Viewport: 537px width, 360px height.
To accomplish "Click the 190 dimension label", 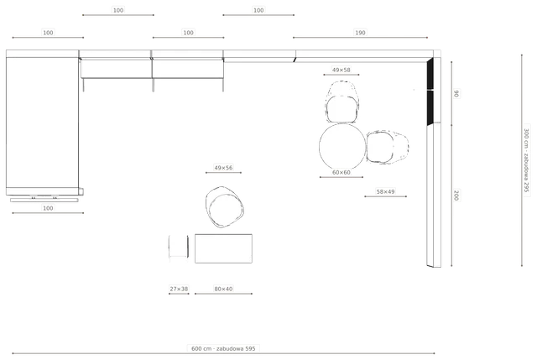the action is click(360, 33).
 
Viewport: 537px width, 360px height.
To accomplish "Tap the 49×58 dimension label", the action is click(341, 70).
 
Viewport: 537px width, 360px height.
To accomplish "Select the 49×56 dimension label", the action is click(223, 168).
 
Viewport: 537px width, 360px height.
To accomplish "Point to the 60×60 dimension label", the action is click(341, 172).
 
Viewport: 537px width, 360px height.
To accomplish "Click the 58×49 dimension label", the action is click(385, 192).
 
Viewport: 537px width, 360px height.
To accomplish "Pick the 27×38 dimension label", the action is click(179, 289).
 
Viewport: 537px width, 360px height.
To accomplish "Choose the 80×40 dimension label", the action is click(223, 289).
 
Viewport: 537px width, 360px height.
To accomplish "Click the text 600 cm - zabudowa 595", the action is click(223, 349).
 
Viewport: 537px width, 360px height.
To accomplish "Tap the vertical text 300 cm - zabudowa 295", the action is click(526, 160).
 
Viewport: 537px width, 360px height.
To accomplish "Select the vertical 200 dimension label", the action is click(456, 196).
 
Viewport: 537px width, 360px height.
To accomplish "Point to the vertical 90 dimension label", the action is click(456, 93).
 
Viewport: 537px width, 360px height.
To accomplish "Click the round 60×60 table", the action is click(342, 147).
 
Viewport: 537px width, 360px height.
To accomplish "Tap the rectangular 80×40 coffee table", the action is click(223, 248).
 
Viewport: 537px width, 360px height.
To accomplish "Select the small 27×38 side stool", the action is click(179, 247).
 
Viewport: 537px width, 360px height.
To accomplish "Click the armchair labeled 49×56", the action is click(225, 207).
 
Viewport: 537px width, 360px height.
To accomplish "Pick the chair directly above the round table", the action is click(342, 102).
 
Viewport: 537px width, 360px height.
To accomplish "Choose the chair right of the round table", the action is click(388, 147).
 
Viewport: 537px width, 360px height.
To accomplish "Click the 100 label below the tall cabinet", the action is click(48, 208).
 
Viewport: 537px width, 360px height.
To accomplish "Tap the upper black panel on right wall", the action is click(430, 74).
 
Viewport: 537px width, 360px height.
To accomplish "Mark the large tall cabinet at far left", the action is click(42, 123).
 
